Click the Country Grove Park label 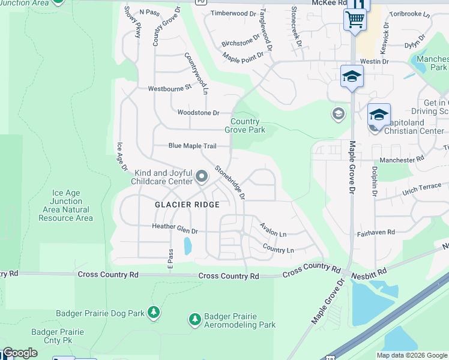245,125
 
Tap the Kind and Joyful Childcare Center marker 202,177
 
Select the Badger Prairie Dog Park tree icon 154,312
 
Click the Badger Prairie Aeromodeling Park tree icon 194,319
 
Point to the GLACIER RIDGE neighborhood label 187,205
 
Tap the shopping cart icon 355,19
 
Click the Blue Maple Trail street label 192,146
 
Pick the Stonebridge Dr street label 231,182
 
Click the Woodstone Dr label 199,113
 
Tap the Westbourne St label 169,88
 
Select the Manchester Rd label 402,160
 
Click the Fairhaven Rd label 376,232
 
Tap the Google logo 20,353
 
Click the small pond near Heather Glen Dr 188,245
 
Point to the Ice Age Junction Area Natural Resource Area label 66,206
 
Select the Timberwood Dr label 233,13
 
